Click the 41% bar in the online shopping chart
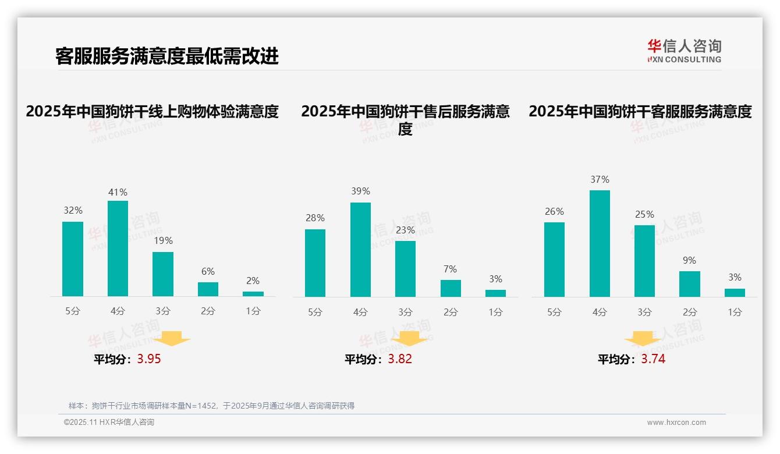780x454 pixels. pyautogui.click(x=118, y=249)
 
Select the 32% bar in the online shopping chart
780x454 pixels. pyautogui.click(x=73, y=259)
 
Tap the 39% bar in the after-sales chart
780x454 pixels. pyautogui.click(x=360, y=250)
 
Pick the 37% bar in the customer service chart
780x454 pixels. pyautogui.click(x=600, y=243)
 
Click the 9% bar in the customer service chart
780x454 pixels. pyautogui.click(x=689, y=284)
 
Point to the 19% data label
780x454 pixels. pyautogui.click(x=163, y=240)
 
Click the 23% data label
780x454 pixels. pyautogui.click(x=405, y=230)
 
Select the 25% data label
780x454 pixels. pyautogui.click(x=644, y=214)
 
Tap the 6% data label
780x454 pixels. pyautogui.click(x=208, y=271)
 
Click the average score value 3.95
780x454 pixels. pyautogui.click(x=149, y=359)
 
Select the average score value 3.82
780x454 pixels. pyautogui.click(x=400, y=359)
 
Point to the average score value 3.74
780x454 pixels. pyautogui.click(x=653, y=359)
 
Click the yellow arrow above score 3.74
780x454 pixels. pyautogui.click(x=643, y=339)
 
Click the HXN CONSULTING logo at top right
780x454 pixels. pyautogui.click(x=684, y=51)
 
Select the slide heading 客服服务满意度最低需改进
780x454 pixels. pyautogui.click(x=167, y=56)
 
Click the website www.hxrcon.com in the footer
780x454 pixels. pyautogui.click(x=676, y=423)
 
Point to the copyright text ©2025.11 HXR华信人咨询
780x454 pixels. pyautogui.click(x=109, y=423)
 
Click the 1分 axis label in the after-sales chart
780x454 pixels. pyautogui.click(x=495, y=312)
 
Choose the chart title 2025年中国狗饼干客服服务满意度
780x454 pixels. pyautogui.click(x=640, y=111)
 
